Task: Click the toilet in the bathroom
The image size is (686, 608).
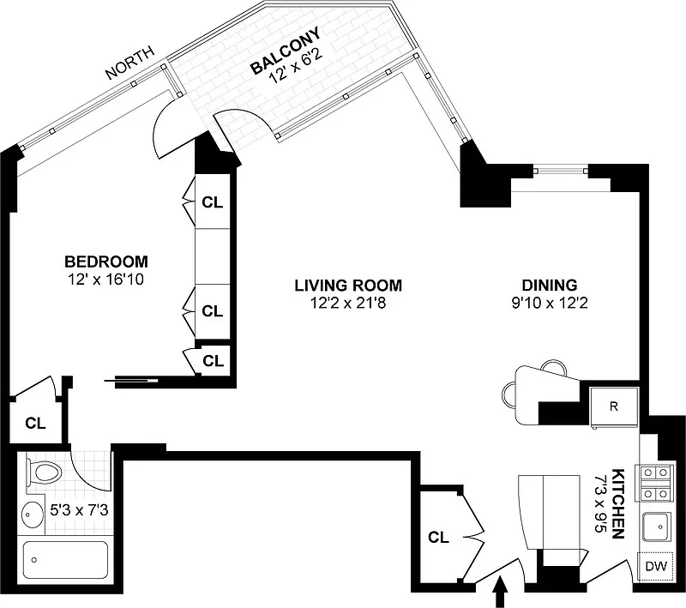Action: coord(45,473)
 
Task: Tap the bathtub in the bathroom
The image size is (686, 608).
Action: coord(65,559)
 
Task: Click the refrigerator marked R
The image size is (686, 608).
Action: coord(614,406)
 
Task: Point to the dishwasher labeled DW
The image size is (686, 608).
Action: coord(656,567)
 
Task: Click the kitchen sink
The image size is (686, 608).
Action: coord(656,527)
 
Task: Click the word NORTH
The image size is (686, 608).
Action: coord(130,63)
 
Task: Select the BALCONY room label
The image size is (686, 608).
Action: coord(286,50)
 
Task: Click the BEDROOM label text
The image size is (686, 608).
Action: coord(106,262)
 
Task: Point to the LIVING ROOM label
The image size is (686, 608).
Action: coord(348,286)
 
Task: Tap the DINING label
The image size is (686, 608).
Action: coord(550,286)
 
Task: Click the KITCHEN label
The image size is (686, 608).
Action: coord(617,503)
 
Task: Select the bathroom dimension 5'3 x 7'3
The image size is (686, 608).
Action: coord(79,510)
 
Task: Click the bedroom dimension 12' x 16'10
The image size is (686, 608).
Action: coord(105,280)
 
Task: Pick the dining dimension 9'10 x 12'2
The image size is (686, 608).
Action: coord(550,303)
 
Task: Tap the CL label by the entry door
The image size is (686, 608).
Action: coord(439,537)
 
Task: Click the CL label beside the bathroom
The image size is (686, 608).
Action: coord(35,424)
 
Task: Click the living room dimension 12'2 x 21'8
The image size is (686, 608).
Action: coord(348,303)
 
